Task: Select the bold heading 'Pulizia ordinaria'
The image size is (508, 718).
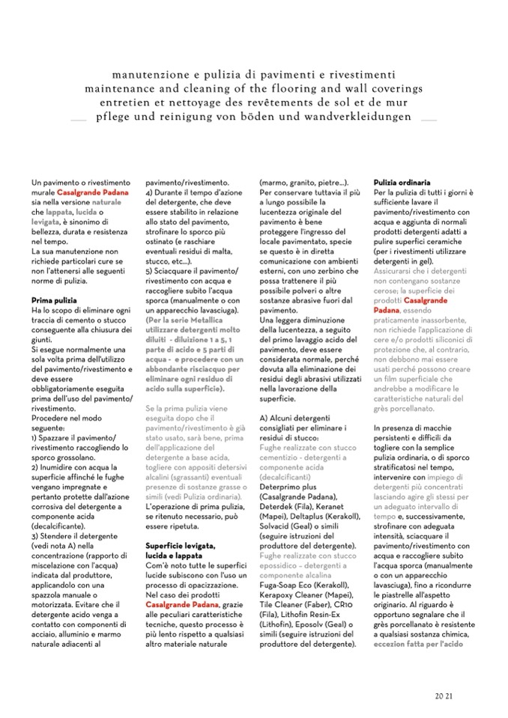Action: coord(402,182)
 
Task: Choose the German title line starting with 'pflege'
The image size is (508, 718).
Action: coord(255,118)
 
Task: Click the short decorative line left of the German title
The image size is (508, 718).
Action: coord(79,120)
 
